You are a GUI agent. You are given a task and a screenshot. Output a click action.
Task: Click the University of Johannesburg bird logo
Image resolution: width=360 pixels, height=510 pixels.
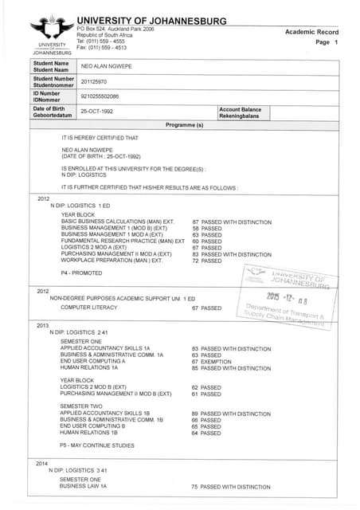click(x=51, y=29)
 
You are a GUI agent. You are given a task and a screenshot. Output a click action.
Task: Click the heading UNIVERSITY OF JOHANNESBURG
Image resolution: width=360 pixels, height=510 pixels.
click(x=151, y=21)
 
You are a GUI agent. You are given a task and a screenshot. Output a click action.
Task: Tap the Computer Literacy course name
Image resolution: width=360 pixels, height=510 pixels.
click(x=88, y=308)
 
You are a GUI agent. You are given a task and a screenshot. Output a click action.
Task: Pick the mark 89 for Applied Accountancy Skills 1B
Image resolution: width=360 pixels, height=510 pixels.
click(x=195, y=413)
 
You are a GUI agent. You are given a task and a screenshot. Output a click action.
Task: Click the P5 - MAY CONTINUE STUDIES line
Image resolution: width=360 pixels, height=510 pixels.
click(x=97, y=445)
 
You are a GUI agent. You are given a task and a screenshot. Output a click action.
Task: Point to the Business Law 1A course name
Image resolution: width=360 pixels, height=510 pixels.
click(x=82, y=486)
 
